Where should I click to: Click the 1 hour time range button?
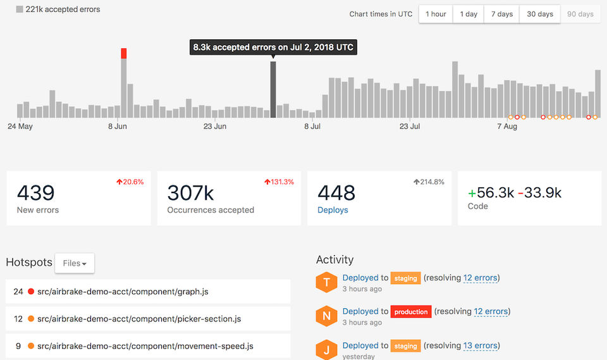436,14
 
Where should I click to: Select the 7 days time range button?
502,14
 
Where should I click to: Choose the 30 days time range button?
540,14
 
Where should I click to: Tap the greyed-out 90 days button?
580,14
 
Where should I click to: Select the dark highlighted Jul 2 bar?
273,89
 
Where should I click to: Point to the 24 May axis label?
20,127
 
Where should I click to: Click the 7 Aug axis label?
507,127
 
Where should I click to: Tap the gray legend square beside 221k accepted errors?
20,9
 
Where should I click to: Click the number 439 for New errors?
35,192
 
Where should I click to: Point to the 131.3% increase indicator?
279,182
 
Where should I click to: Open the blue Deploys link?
333,210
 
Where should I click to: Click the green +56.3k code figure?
491,193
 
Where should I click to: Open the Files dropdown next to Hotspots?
75,263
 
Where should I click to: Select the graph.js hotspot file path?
123,292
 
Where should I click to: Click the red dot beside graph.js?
31,292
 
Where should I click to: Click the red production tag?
411,311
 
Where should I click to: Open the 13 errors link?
480,345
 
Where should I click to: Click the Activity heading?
334,259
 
